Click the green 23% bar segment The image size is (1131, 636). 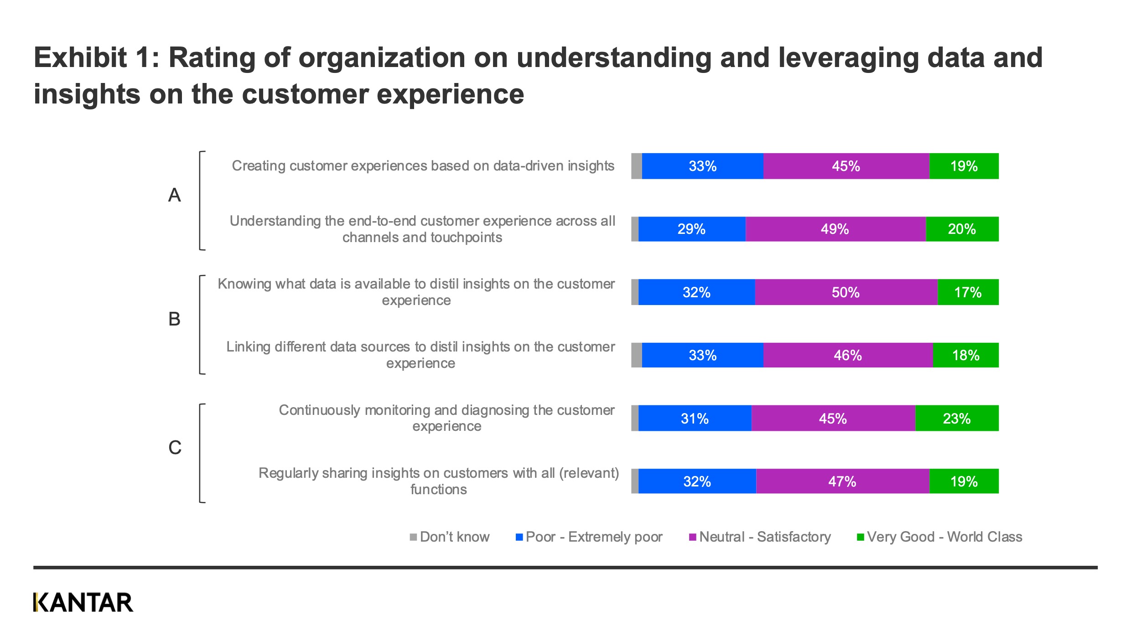[956, 418]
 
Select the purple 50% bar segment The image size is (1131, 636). [846, 292]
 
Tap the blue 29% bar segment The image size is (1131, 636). [691, 229]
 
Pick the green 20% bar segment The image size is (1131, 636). [962, 229]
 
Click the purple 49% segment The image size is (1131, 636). [835, 229]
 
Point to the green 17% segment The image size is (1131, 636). [968, 292]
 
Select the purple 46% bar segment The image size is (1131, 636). [848, 355]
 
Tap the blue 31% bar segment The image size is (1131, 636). [695, 418]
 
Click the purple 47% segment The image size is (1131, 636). [842, 481]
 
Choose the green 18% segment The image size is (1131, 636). [965, 355]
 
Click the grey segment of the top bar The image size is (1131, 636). [636, 166]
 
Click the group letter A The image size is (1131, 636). [175, 195]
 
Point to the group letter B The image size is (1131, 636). [175, 319]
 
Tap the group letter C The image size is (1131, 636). [175, 448]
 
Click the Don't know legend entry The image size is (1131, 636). [450, 537]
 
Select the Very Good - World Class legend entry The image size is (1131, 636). [939, 537]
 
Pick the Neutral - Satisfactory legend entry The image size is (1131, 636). [760, 537]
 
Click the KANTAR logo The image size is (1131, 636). [83, 602]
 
